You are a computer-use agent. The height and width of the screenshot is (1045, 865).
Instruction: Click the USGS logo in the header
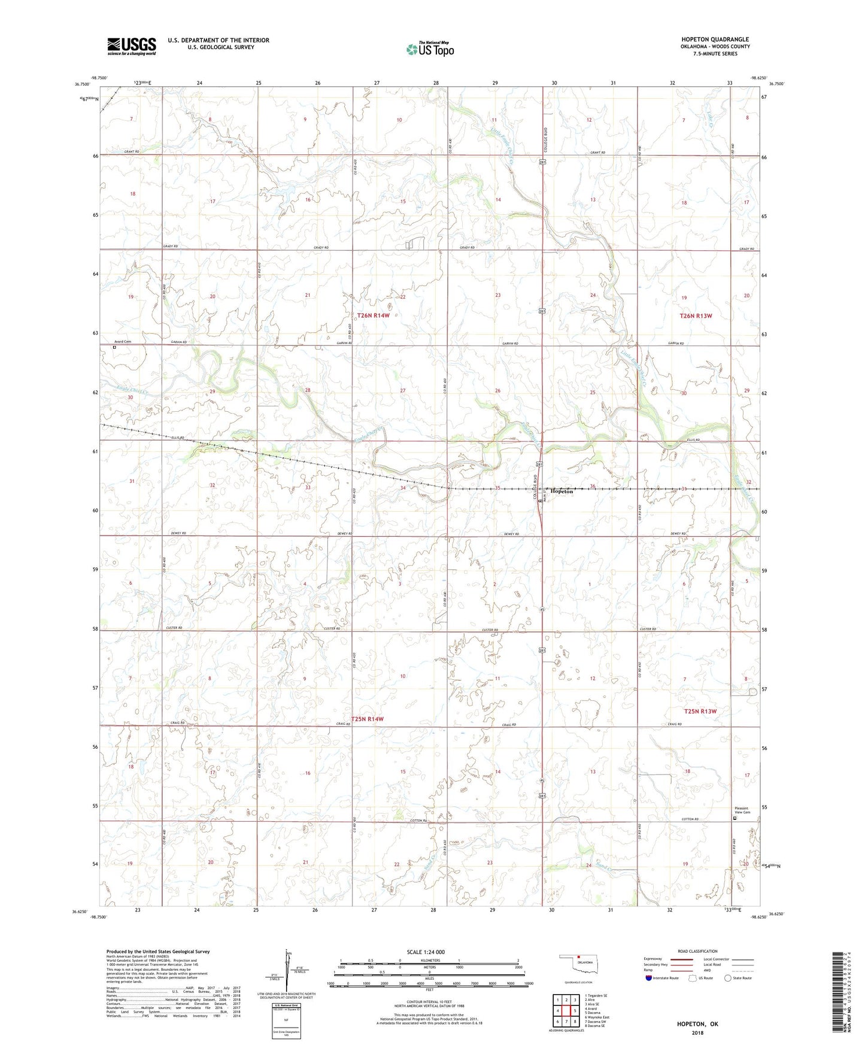[132, 46]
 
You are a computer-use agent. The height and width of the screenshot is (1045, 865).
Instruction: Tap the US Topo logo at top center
[430, 49]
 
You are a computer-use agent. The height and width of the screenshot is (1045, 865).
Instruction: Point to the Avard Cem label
[123, 342]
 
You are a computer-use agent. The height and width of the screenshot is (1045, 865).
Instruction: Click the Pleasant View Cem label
[742, 810]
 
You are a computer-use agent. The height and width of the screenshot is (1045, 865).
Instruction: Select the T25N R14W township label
[368, 719]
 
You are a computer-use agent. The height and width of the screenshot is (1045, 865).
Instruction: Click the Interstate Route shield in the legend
[649, 978]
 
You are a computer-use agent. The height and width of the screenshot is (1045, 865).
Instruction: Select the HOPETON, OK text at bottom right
[697, 1024]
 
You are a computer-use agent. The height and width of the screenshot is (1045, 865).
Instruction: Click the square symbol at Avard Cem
[114, 347]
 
